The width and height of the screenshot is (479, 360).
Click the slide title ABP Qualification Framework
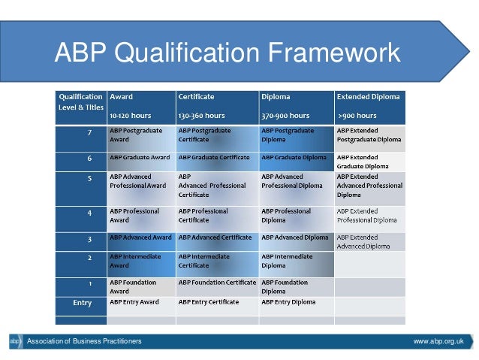coord(227,53)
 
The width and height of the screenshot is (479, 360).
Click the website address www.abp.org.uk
coord(438,342)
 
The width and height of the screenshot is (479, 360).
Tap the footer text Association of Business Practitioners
coord(84,342)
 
